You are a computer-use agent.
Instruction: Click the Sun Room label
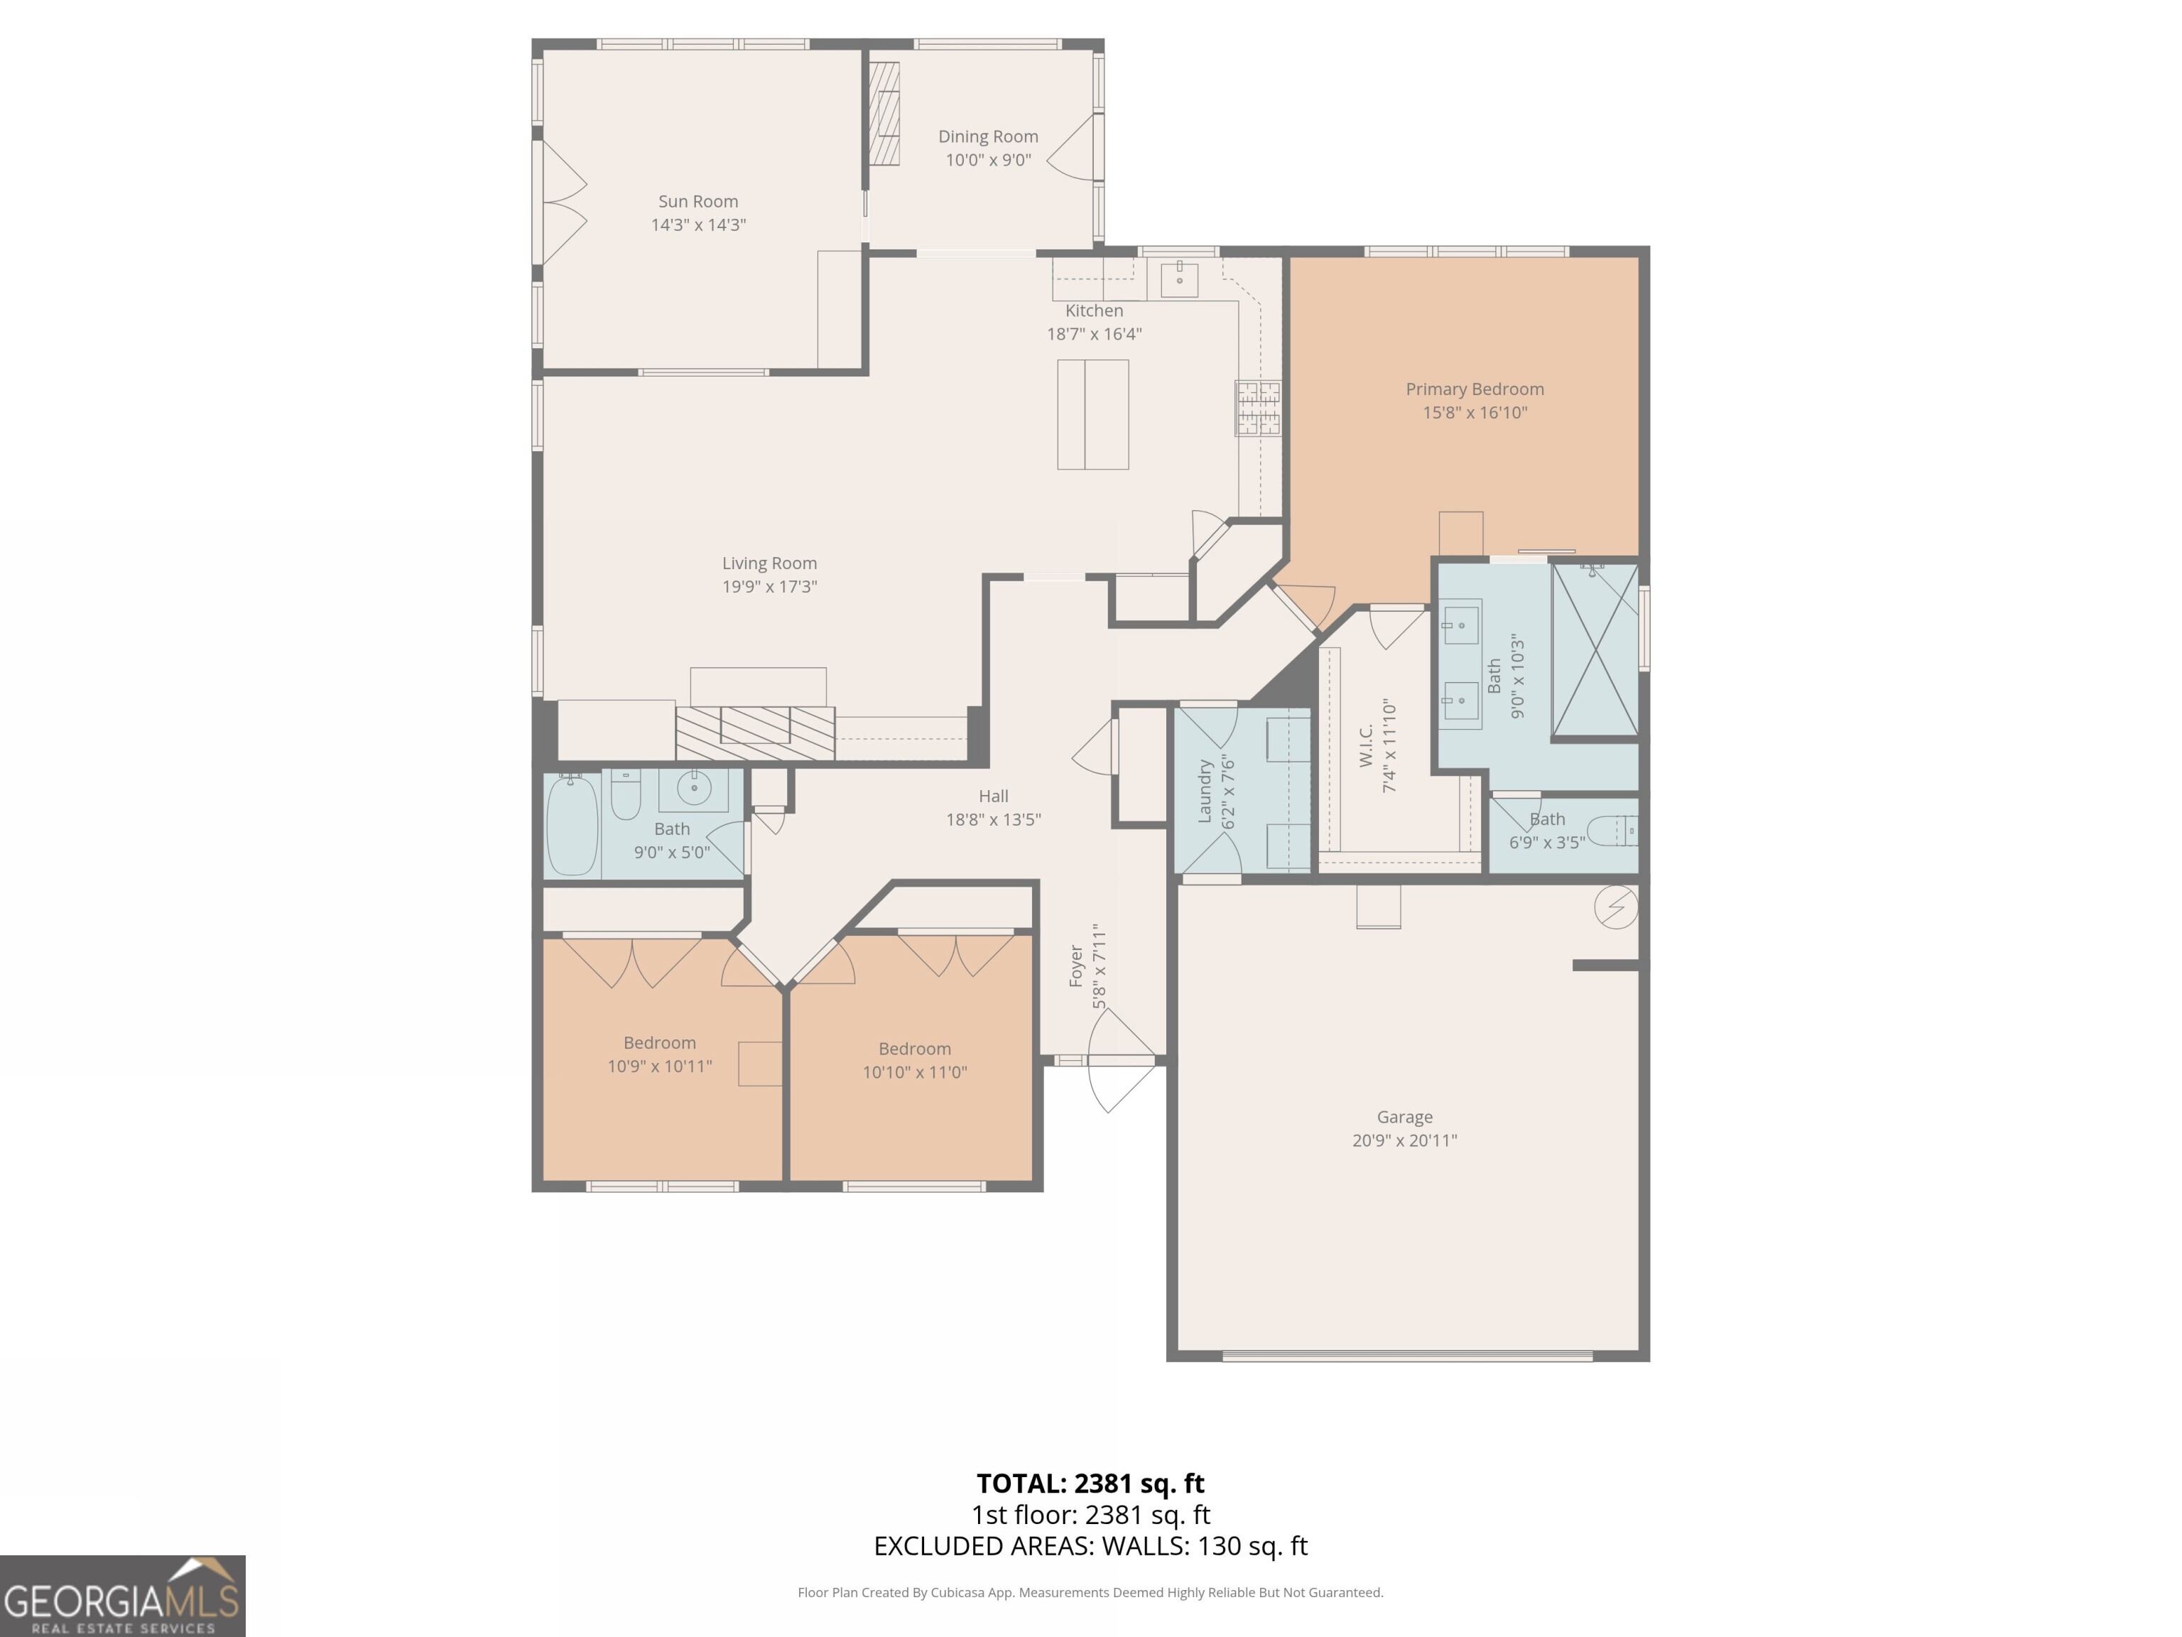[698, 201]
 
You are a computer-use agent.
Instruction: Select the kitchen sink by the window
[1179, 279]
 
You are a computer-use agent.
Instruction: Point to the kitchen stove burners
[1258, 409]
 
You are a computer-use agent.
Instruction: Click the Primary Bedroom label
[1474, 389]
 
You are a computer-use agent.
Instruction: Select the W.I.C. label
[1366, 745]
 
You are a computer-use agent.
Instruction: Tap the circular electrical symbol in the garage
[1616, 907]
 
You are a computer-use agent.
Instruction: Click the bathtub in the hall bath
[572, 825]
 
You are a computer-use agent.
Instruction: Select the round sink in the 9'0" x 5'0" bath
[695, 789]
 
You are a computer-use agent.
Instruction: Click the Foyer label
[1076, 966]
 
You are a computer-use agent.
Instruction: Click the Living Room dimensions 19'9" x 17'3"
[769, 587]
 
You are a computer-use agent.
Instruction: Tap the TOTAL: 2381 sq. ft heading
[1090, 1483]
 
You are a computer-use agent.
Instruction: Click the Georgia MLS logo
[122, 1596]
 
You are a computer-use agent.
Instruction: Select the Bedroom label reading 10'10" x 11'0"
[913, 1049]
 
